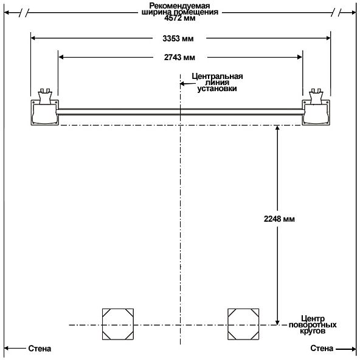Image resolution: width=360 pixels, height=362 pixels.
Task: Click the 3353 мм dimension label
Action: point(178,38)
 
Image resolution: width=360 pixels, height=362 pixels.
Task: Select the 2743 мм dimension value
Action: point(179,57)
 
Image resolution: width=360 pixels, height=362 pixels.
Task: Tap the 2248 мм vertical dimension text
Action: point(279,219)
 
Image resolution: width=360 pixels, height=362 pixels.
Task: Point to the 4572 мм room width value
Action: point(180,18)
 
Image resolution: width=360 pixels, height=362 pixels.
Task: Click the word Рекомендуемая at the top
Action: point(179,5)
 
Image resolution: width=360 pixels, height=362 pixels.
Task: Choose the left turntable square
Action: point(118,324)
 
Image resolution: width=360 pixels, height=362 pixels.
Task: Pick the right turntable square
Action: point(243,324)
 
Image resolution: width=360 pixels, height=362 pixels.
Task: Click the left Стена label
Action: point(40,349)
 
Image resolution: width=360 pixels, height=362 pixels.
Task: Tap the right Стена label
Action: point(322,348)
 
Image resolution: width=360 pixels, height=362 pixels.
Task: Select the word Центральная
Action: point(217,76)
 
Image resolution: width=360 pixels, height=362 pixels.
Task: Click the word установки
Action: point(217,89)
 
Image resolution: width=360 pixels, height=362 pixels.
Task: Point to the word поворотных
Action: point(313,325)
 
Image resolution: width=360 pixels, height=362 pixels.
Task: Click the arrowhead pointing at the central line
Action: point(182,84)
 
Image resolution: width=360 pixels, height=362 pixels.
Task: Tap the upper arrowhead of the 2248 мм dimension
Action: point(277,128)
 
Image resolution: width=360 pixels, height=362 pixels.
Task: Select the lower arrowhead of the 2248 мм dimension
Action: point(277,323)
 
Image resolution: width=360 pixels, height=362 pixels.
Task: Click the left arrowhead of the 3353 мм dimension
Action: point(33,38)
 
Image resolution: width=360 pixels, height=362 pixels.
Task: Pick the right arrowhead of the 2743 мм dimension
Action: point(299,57)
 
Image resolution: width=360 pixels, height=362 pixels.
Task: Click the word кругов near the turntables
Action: point(313,331)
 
